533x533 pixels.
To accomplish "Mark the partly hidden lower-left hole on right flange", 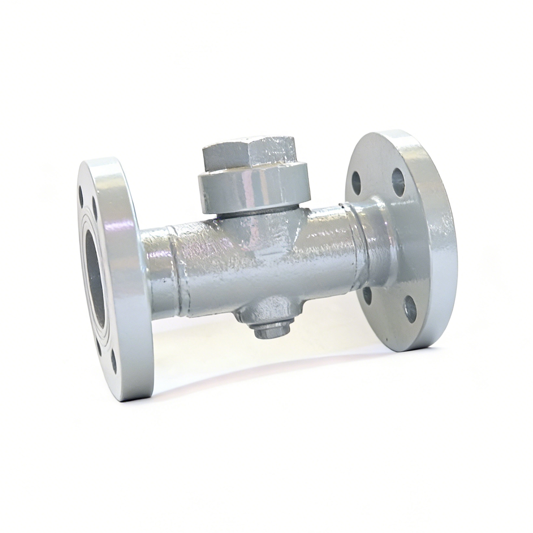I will click(x=367, y=296).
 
